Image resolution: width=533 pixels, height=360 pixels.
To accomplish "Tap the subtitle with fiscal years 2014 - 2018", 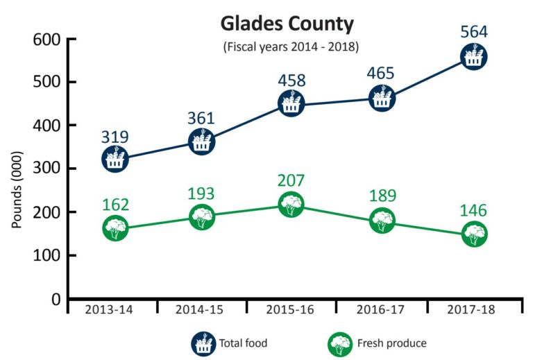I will [x=287, y=48].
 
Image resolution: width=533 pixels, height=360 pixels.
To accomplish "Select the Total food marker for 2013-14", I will [x=115, y=159].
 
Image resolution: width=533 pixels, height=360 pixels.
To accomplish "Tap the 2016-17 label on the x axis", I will [x=382, y=310].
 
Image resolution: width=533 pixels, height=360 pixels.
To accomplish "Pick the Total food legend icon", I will [x=203, y=342].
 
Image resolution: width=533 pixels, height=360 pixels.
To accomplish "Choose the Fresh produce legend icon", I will [x=338, y=342].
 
